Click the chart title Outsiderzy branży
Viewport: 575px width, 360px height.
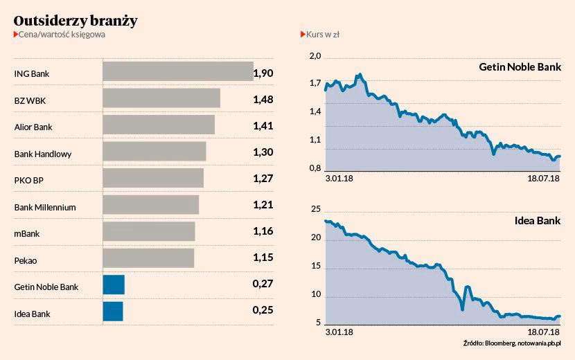76,21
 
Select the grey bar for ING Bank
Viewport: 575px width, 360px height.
177,72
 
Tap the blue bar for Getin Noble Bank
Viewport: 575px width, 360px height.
114,285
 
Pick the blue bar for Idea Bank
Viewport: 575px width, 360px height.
113,312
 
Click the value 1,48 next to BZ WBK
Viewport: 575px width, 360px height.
263,100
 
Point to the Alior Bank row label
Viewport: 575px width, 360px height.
33,127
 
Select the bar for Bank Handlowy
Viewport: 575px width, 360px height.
154,152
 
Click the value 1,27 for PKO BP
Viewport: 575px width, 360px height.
263,179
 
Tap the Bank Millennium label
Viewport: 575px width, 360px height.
45,207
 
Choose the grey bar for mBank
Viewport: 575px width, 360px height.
148,232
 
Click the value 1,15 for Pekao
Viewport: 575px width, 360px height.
263,259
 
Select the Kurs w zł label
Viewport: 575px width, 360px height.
321,34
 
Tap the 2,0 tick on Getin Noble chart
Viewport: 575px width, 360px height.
315,56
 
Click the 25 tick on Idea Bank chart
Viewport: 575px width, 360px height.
315,209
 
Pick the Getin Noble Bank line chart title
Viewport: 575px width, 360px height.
520,68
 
